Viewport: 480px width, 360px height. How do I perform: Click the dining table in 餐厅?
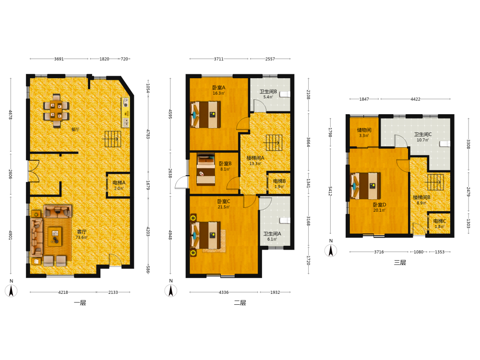point(56,110)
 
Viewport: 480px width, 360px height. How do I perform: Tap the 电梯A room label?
point(119,183)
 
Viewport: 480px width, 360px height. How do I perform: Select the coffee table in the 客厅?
point(55,236)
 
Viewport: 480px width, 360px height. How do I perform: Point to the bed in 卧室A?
point(205,115)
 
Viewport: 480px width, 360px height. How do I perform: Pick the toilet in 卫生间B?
point(285,94)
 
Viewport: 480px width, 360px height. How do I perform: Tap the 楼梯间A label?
point(255,158)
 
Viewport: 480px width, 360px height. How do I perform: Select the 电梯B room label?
point(279,181)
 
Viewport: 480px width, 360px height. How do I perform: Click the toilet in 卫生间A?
point(285,220)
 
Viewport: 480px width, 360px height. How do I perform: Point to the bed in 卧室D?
point(365,186)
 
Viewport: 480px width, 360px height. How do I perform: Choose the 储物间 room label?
point(364,130)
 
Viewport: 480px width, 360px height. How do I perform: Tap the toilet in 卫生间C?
point(445,144)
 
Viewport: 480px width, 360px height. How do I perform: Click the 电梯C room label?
point(440,221)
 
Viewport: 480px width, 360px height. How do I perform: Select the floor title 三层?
point(400,263)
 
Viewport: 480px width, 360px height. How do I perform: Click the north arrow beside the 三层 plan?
point(331,251)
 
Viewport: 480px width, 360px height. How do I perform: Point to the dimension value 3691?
point(59,59)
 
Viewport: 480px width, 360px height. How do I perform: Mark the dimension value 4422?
point(415,99)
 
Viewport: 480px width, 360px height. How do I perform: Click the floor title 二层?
point(240,303)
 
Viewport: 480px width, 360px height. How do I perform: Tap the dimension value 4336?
point(224,292)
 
